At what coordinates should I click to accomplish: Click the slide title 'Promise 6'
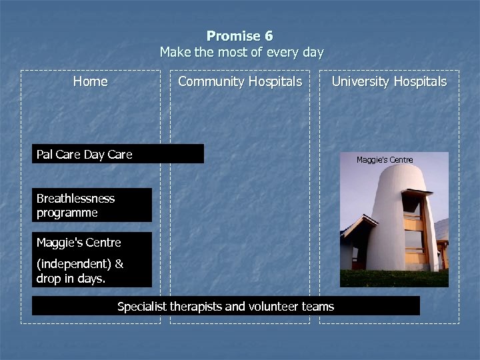pos(239,36)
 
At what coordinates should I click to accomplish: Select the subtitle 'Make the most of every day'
pos(241,52)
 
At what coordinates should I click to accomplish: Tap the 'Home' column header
pos(90,81)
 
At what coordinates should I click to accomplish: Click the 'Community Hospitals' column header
pos(239,81)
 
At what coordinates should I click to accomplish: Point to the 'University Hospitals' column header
pos(389,81)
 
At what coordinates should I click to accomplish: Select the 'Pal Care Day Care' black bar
pos(119,154)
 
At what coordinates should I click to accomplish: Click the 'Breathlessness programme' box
pos(92,205)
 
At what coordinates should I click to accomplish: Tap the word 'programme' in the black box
pos(67,213)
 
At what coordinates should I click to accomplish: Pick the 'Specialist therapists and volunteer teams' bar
pos(225,307)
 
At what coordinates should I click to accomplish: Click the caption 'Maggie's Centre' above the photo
pos(385,160)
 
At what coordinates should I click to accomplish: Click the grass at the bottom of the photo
pos(393,279)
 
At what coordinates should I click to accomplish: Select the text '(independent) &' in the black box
pos(79,264)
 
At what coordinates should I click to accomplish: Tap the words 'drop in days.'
pos(71,279)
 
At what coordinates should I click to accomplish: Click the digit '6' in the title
pos(268,36)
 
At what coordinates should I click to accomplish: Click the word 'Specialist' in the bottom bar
pos(142,307)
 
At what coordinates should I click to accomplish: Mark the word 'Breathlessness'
pos(75,199)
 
